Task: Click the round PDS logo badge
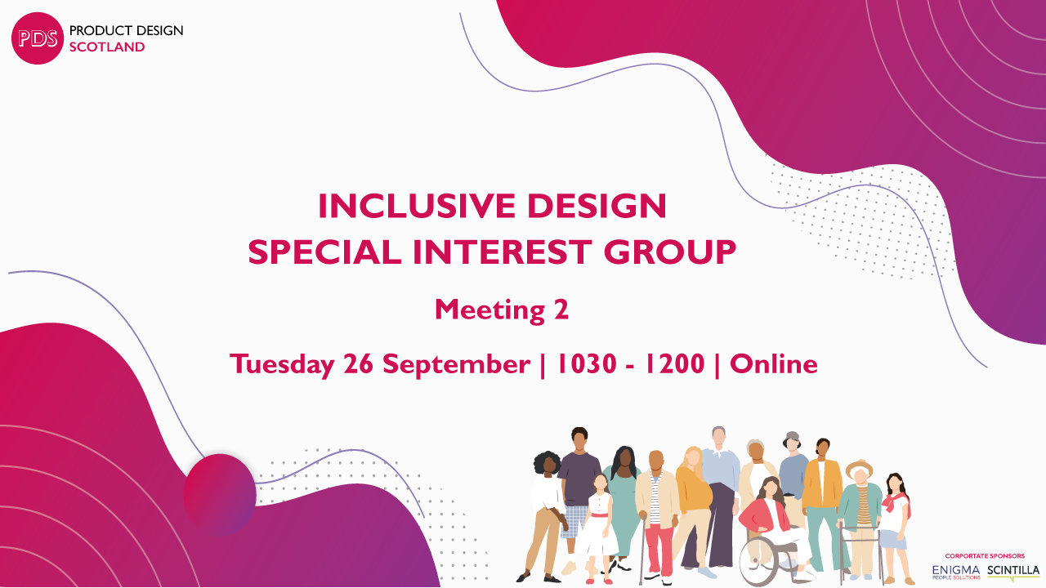[x=38, y=38]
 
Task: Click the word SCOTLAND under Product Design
[x=107, y=47]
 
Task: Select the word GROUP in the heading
[x=669, y=252]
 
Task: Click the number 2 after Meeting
[x=561, y=310]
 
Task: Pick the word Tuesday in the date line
[x=282, y=364]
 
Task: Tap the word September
[x=456, y=364]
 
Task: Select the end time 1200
[x=674, y=363]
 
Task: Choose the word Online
[x=774, y=363]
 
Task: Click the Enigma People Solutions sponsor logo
[x=956, y=572]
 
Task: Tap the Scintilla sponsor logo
[x=1013, y=572]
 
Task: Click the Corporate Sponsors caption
[x=985, y=556]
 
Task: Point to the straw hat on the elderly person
[x=859, y=467]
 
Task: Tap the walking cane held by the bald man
[x=642, y=548]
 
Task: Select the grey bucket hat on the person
[x=792, y=439]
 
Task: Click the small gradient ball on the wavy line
[x=220, y=495]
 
